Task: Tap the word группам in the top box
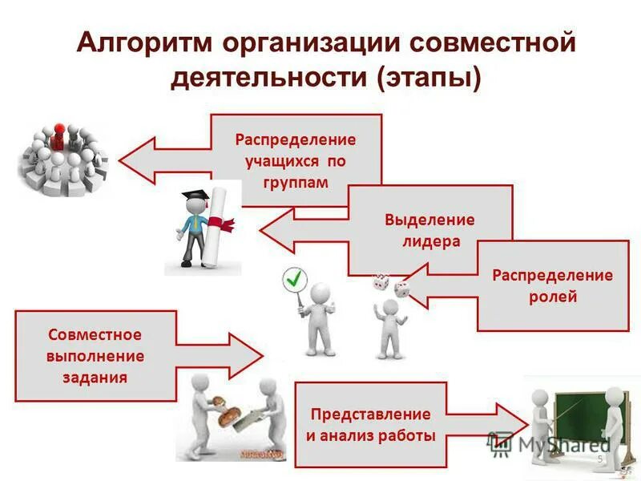pos(295,182)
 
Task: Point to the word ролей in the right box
pos(553,297)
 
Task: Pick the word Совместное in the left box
pos(95,333)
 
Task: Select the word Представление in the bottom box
pos(370,414)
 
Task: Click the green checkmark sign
pos(295,279)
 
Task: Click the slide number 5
pos(599,459)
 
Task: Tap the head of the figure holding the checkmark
pos(320,292)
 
